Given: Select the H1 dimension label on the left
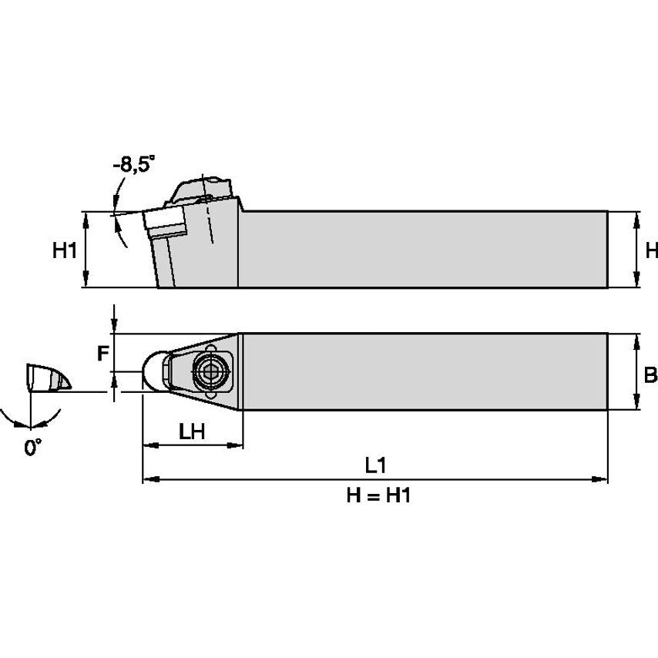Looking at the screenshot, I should coord(65,250).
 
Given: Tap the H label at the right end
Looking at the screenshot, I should coord(651,250).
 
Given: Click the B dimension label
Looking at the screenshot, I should coord(650,375).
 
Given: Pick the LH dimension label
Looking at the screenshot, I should coord(192,431).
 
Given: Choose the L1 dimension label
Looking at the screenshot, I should coord(375,465).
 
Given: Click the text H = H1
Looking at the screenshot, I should coord(378,496).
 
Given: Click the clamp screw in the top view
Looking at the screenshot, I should coord(208,371).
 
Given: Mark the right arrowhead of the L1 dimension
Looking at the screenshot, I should coord(602,479).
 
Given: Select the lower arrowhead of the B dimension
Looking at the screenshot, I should coord(636,405).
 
